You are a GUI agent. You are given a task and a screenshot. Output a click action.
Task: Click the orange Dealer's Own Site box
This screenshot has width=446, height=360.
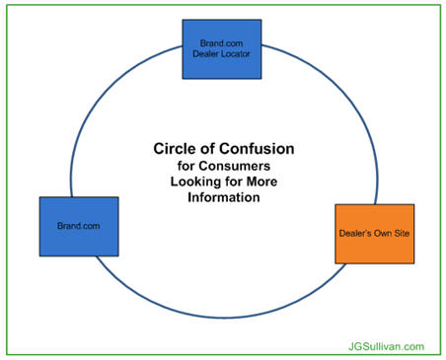[x=375, y=234]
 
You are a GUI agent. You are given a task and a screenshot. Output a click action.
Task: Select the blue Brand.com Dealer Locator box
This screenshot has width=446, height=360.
[x=222, y=48]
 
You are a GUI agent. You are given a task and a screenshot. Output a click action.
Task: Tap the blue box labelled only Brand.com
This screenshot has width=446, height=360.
[x=78, y=226]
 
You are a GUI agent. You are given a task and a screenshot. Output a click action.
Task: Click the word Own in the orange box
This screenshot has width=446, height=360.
[x=382, y=235]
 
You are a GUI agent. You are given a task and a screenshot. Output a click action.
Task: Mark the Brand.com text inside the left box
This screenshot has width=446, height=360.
[x=78, y=226]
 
